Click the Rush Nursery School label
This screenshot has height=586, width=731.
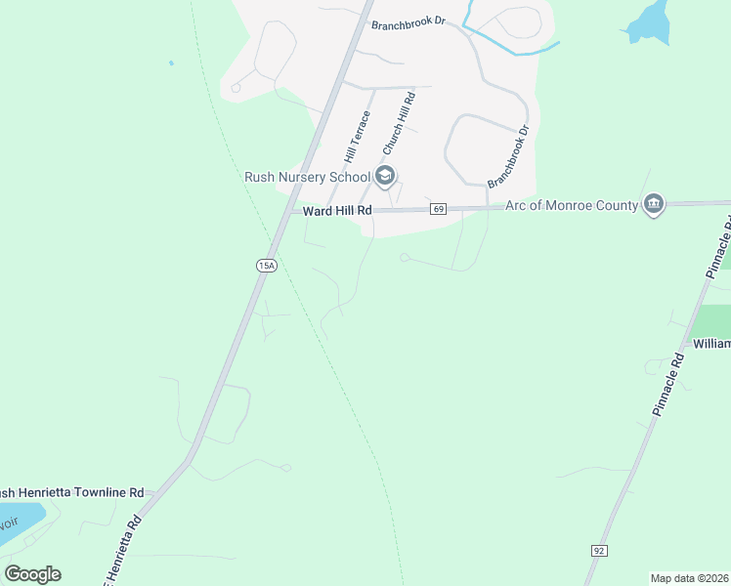[x=306, y=177]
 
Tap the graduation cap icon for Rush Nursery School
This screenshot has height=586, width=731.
[x=385, y=176]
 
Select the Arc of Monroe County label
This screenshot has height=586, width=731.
[x=571, y=205]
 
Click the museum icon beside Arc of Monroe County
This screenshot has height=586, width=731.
[x=654, y=204]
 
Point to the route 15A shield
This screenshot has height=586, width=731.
[x=266, y=265]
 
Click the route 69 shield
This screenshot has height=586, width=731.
[x=437, y=209]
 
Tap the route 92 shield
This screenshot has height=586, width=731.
[x=599, y=551]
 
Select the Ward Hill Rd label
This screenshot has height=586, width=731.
[x=337, y=210]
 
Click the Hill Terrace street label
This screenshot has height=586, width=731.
[x=357, y=136]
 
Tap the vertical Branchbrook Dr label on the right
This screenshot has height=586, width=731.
[x=508, y=156]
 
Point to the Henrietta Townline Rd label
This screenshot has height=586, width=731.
[x=73, y=493]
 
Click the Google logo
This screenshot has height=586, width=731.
[x=32, y=574]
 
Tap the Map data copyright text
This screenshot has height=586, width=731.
[x=689, y=578]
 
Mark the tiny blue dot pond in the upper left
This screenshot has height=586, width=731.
[x=171, y=63]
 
